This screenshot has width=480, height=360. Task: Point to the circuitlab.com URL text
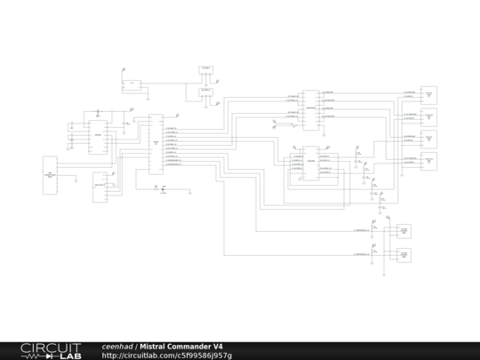coord(166,356)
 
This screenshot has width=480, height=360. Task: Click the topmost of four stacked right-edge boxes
coord(428,93)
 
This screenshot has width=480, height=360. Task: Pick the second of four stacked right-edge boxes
coord(428,116)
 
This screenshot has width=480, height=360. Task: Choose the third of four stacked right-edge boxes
coord(428,139)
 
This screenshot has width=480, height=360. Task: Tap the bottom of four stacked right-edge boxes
coord(428,161)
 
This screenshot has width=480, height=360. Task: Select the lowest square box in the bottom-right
coord(404,254)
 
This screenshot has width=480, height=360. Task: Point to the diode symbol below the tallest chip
coord(163,188)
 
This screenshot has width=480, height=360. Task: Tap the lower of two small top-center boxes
coord(206,91)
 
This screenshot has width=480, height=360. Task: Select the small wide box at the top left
coord(132,85)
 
